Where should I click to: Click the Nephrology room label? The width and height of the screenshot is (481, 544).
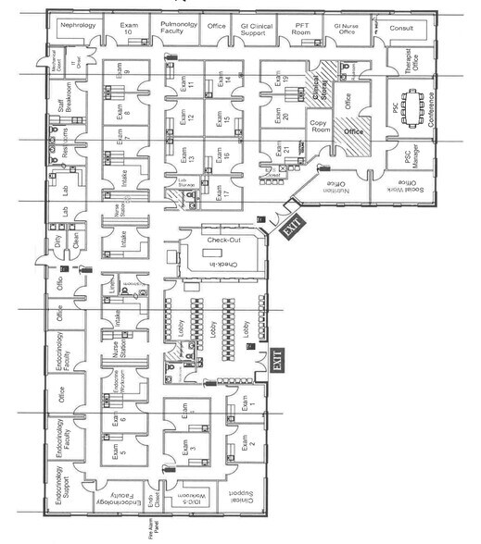coord(78,27)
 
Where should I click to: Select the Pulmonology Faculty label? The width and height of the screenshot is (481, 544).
coord(176,29)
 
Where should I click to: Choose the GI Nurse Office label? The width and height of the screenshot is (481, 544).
coord(346,29)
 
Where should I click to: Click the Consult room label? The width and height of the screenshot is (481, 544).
coord(401,28)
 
